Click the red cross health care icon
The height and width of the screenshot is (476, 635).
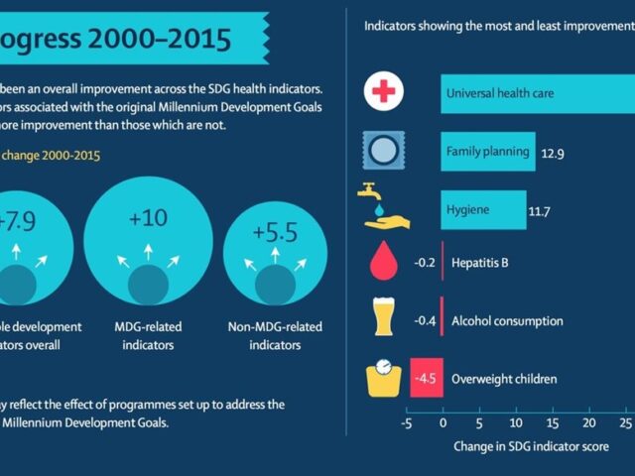(383, 93)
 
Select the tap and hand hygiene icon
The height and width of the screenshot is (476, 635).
(384, 206)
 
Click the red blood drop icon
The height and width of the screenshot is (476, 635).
(383, 264)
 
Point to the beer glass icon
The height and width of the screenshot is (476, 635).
(384, 319)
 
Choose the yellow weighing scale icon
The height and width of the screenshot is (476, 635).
(384, 377)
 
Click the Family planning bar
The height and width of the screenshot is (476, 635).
(488, 151)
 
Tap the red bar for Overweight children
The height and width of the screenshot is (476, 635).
(426, 378)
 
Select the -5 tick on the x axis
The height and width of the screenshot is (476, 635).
(407, 421)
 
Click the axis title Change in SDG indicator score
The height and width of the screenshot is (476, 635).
(530, 446)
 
